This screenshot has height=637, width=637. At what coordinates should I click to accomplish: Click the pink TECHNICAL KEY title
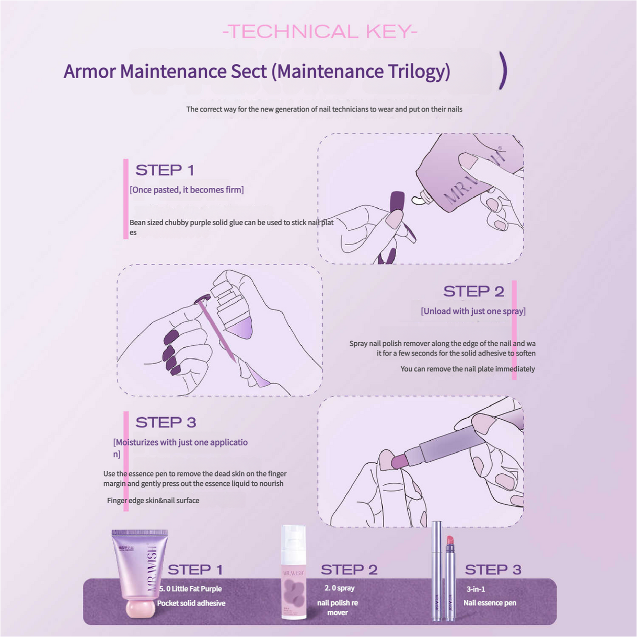320,32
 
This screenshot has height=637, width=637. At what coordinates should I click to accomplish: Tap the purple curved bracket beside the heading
503,70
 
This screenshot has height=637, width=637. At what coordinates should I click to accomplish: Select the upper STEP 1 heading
165,170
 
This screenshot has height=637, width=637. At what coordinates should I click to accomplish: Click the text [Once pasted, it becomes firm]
187,190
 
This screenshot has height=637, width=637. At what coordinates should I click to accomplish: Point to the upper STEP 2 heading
473,291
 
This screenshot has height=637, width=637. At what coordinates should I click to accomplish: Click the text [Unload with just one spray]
473,311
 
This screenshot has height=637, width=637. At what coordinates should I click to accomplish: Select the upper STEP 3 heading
165,422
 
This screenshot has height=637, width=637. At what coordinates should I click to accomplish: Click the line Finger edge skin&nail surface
153,501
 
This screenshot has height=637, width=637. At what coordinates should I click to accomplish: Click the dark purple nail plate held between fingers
397,202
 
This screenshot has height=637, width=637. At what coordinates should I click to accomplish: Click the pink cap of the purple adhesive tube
140,609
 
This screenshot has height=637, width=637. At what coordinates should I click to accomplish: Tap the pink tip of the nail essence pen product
450,540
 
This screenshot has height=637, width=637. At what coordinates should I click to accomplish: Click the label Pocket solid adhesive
191,603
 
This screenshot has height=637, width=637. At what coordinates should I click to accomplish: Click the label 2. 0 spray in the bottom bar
339,588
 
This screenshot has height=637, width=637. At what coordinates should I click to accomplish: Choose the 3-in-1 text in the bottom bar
475,589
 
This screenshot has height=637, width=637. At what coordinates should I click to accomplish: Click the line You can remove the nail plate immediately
468,369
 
